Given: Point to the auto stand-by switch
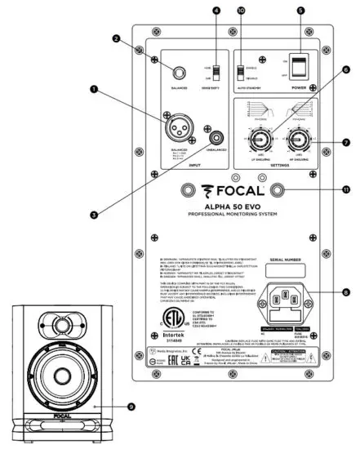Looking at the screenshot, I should [242, 69].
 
